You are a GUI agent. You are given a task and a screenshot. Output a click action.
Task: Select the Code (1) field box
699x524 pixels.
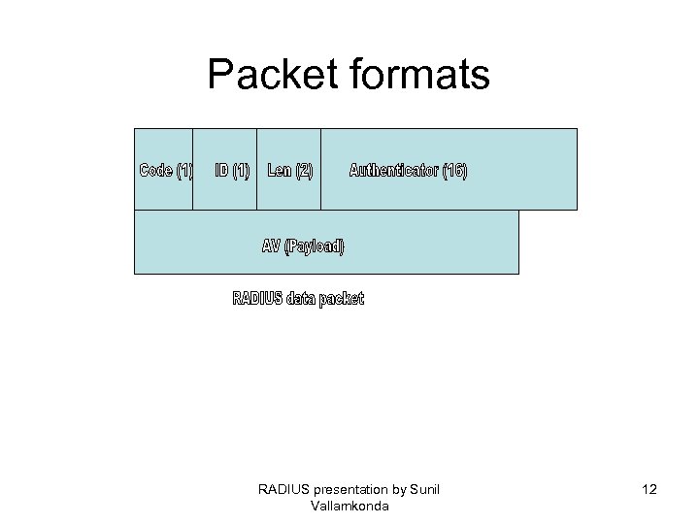[x=164, y=169]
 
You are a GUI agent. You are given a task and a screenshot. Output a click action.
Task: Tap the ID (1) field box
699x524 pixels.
[x=225, y=169]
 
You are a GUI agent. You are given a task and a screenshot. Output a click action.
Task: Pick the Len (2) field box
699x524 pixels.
[x=289, y=169]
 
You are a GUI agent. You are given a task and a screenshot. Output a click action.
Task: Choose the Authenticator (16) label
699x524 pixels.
[x=408, y=171]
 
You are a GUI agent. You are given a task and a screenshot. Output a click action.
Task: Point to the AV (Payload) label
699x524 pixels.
[x=303, y=246]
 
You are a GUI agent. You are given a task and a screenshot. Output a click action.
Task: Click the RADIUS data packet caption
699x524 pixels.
[x=298, y=298]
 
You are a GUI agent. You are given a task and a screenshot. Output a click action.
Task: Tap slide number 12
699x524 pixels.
[x=649, y=490]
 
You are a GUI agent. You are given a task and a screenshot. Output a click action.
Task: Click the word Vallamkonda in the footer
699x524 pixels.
[x=349, y=506]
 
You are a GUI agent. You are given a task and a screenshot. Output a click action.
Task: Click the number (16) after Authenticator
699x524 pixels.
[x=454, y=171]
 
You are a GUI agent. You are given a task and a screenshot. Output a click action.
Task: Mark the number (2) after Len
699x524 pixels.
[x=303, y=171]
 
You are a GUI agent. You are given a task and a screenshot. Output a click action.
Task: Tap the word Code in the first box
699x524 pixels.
[x=156, y=171]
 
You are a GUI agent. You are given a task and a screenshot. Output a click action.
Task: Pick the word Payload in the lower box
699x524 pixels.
[x=317, y=246]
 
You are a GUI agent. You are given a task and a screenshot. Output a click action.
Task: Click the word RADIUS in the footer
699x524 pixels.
[x=283, y=489]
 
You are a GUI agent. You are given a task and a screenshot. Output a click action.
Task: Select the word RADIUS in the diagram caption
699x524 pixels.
[x=257, y=298]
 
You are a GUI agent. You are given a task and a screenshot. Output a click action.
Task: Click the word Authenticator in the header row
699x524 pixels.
[x=393, y=171]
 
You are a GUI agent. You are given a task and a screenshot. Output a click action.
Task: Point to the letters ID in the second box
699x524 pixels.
[x=221, y=171]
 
